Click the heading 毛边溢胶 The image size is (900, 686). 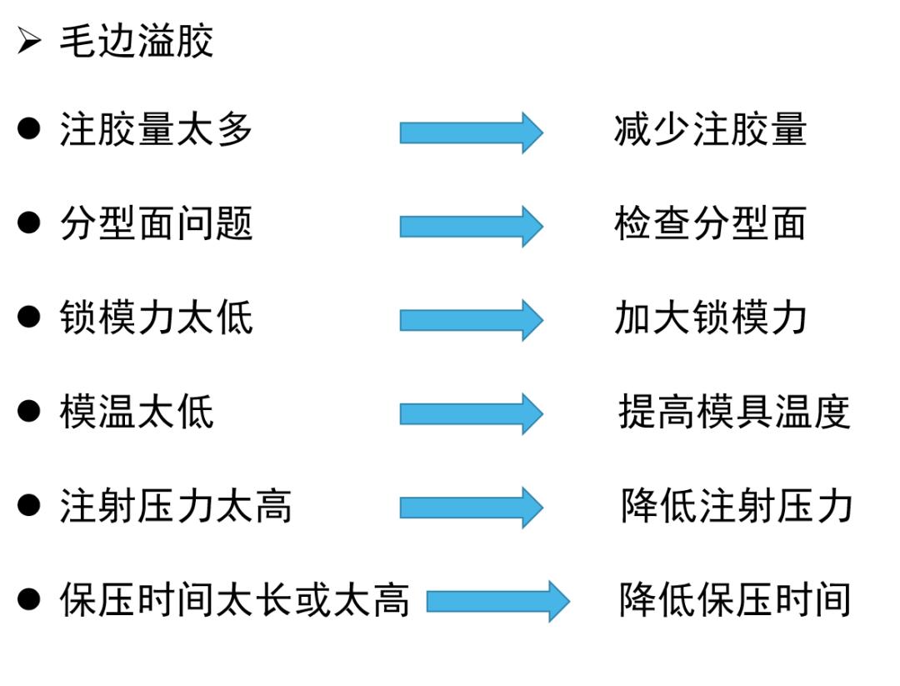tap(136, 41)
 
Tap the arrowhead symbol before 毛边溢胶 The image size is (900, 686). tap(29, 41)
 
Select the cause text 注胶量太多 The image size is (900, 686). tap(156, 131)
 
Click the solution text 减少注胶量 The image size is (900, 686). tap(710, 131)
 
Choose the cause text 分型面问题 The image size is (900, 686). tap(156, 224)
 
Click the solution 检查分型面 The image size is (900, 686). tap(710, 224)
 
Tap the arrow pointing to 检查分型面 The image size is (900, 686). tap(471, 226)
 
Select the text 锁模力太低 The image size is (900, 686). tap(156, 318)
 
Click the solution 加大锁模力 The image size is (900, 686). tap(710, 318)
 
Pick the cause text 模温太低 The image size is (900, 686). tap(137, 412)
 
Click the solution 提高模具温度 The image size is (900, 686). tap(734, 412)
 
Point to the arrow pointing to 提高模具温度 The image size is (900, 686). tap(471, 413)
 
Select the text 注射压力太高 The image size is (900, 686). tap(176, 506)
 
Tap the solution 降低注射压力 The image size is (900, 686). tap(736, 506)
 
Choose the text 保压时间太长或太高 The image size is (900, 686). tap(234, 600)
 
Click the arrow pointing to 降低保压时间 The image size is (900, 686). tap(497, 601)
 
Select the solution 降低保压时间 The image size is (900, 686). tap(734, 600)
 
